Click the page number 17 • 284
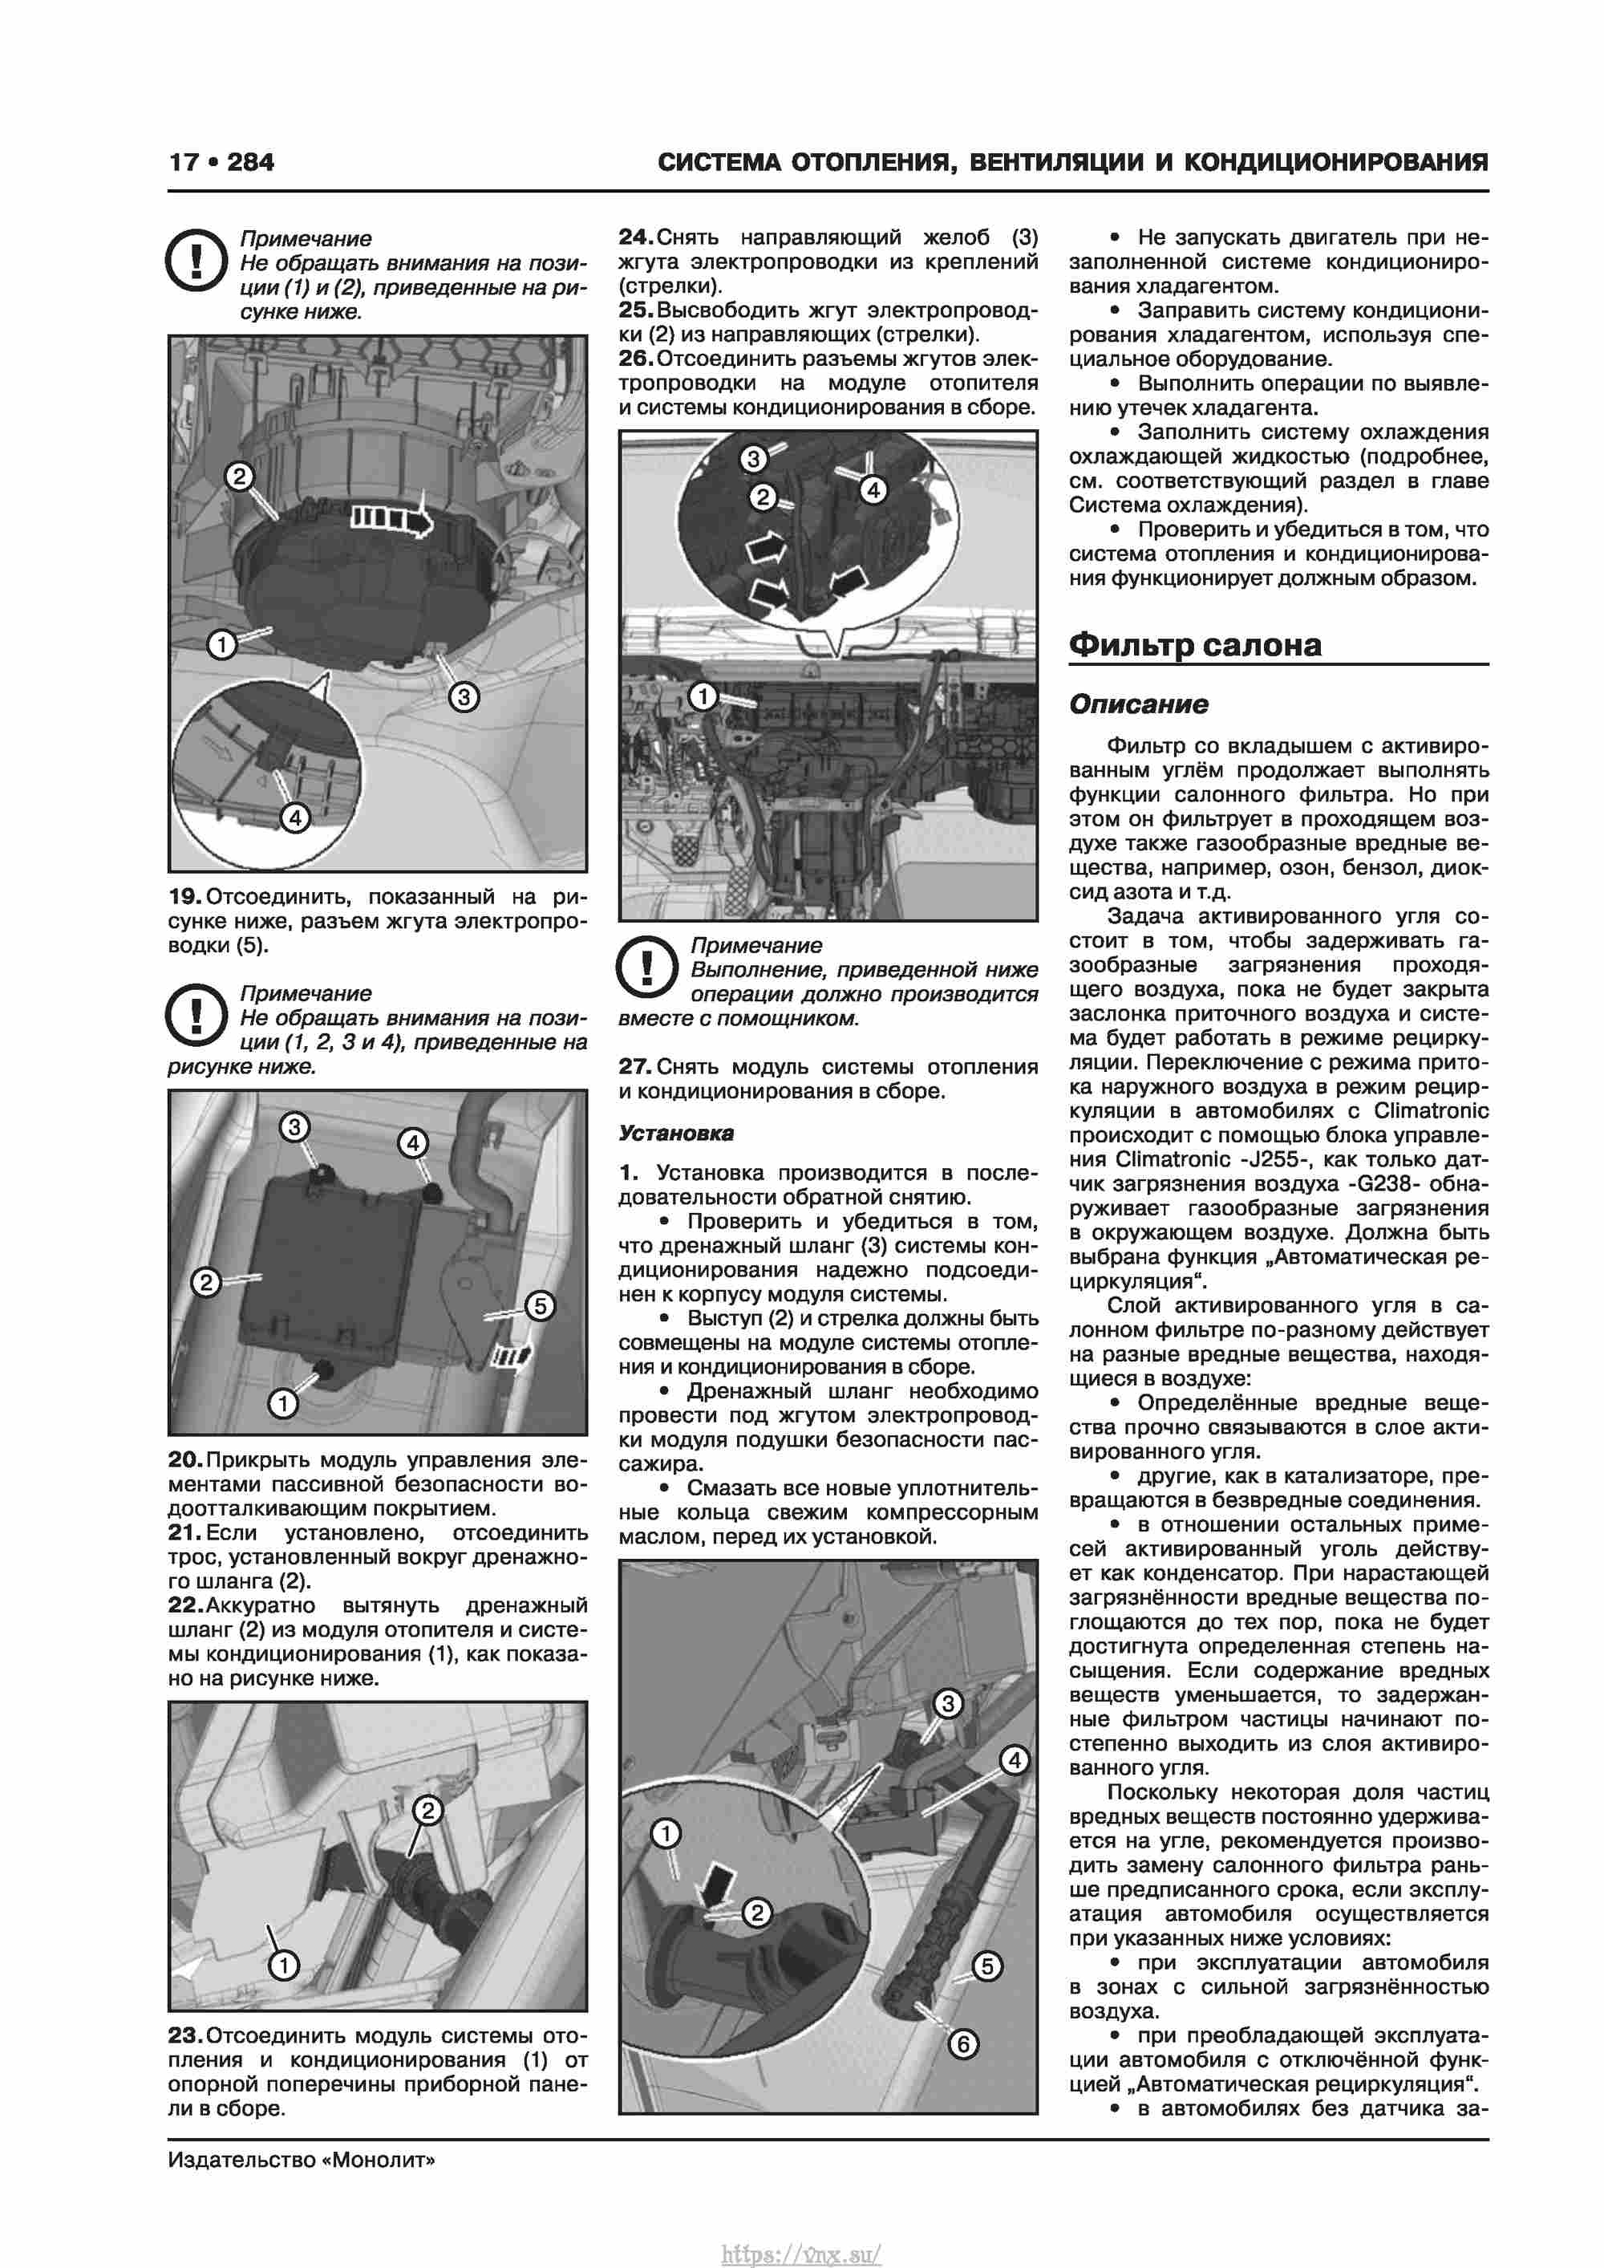pyautogui.click(x=221, y=162)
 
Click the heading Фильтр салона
pyautogui.click(x=1194, y=645)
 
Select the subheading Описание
pyautogui.click(x=1138, y=704)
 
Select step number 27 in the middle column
pyautogui.click(x=634, y=1067)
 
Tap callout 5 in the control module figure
pyautogui.click(x=539, y=1306)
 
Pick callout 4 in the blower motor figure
pyautogui.click(x=294, y=817)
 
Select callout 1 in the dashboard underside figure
pyautogui.click(x=703, y=696)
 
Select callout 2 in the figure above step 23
pyautogui.click(x=427, y=1811)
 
